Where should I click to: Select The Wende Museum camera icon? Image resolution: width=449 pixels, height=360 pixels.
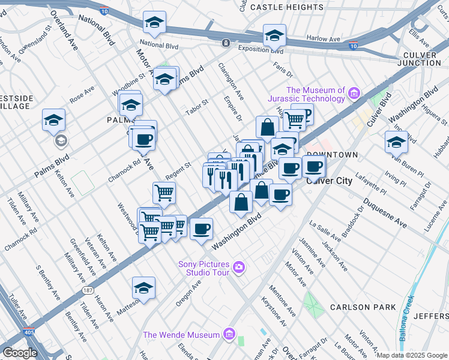point(228,334)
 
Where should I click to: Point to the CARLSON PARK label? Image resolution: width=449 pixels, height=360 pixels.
point(363,307)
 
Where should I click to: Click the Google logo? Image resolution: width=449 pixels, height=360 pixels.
point(20,353)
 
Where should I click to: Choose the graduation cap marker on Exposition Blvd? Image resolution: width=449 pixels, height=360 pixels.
point(274,35)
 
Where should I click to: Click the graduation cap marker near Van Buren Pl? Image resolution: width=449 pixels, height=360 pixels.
point(396,142)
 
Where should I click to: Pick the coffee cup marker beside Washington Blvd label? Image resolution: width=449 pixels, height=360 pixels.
point(201,229)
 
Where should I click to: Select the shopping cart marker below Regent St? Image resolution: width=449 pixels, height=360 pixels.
point(164,193)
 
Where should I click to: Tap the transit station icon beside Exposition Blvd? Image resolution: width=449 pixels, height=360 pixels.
point(225,43)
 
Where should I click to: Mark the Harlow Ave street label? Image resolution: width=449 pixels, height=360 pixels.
point(324,38)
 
